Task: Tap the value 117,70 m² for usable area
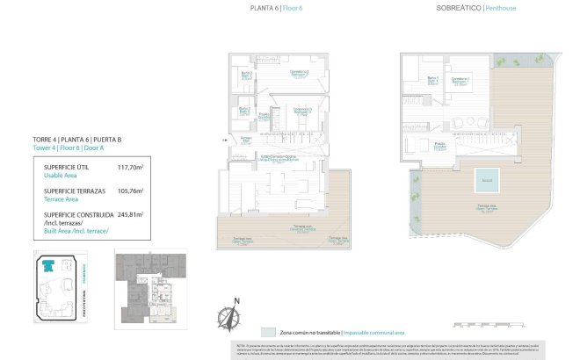[130, 167]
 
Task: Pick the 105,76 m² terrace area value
[130, 190]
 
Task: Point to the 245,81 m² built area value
[130, 213]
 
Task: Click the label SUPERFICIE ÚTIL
[64, 167]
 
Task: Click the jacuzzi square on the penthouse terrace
[485, 181]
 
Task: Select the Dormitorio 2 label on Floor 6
[299, 73]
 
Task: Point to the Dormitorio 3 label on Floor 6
[301, 112]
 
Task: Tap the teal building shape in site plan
[53, 265]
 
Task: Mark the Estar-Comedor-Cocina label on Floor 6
[277, 156]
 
